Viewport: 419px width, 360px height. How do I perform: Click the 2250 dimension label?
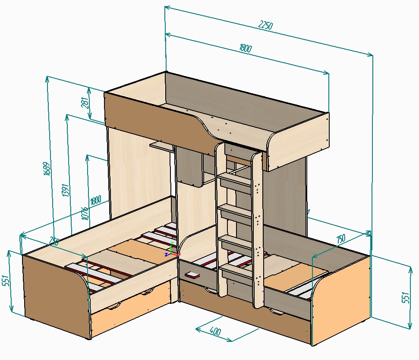pyautogui.click(x=265, y=25)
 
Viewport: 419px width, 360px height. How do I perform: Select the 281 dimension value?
pyautogui.click(x=85, y=103)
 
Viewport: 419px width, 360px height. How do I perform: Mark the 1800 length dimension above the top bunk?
pyautogui.click(x=245, y=48)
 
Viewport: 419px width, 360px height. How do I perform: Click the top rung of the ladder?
pyautogui.click(x=234, y=177)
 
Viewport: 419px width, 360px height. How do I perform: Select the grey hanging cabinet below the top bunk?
pyautogui.click(x=189, y=166)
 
